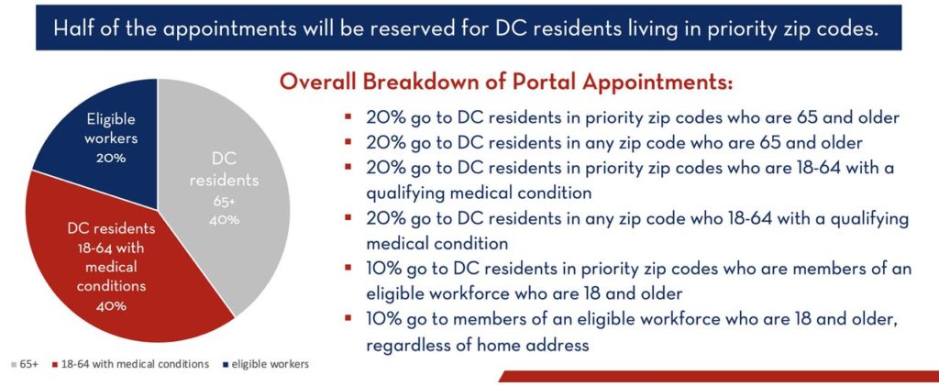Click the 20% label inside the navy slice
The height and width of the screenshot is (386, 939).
111,159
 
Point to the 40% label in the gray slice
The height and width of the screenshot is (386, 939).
225,220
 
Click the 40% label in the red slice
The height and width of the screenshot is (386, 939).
111,306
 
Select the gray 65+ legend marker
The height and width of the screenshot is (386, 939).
15,364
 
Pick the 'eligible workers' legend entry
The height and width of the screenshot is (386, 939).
271,364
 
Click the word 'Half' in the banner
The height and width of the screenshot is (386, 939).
74,28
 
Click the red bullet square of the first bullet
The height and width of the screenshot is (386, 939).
348,116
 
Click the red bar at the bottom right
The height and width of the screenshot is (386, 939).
719,376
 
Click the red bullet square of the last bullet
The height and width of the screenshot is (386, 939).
348,318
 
